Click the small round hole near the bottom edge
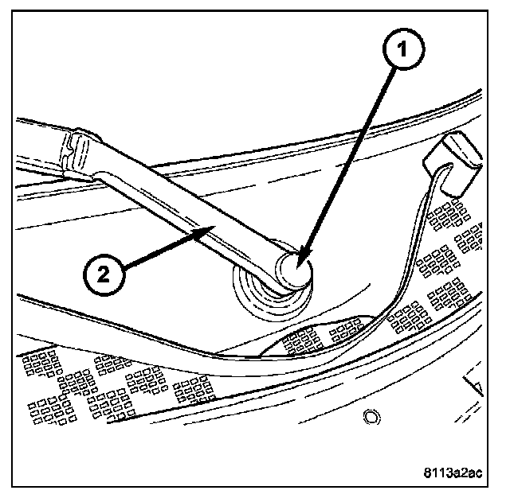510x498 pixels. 370,415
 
